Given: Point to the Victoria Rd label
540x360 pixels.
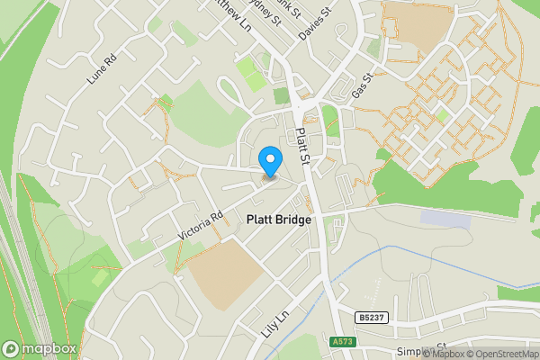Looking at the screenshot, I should pos(200,225).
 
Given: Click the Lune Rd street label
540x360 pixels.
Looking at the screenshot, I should pos(102,70).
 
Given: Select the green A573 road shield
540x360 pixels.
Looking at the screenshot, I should pos(343,341).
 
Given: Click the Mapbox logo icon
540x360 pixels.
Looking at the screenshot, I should pos(12,348).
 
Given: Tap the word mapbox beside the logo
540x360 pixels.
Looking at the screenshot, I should pos(49,348).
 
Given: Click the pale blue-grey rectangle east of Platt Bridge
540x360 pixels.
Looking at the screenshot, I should pos(445,219).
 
